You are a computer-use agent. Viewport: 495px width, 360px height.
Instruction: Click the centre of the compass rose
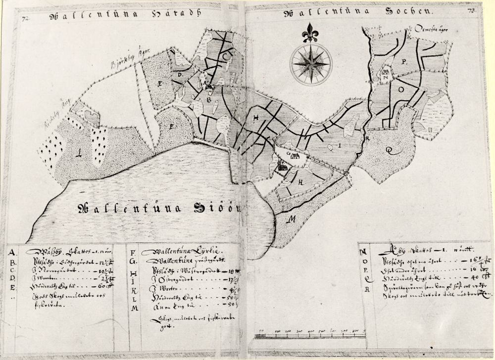click(311, 64)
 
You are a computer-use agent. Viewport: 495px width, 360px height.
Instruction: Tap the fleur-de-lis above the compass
click(311, 32)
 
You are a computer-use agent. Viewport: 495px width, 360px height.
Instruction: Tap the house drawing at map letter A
click(209, 87)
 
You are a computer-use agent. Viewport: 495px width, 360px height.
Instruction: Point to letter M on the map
click(293, 218)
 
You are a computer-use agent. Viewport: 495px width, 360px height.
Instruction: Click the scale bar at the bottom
click(309, 336)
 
